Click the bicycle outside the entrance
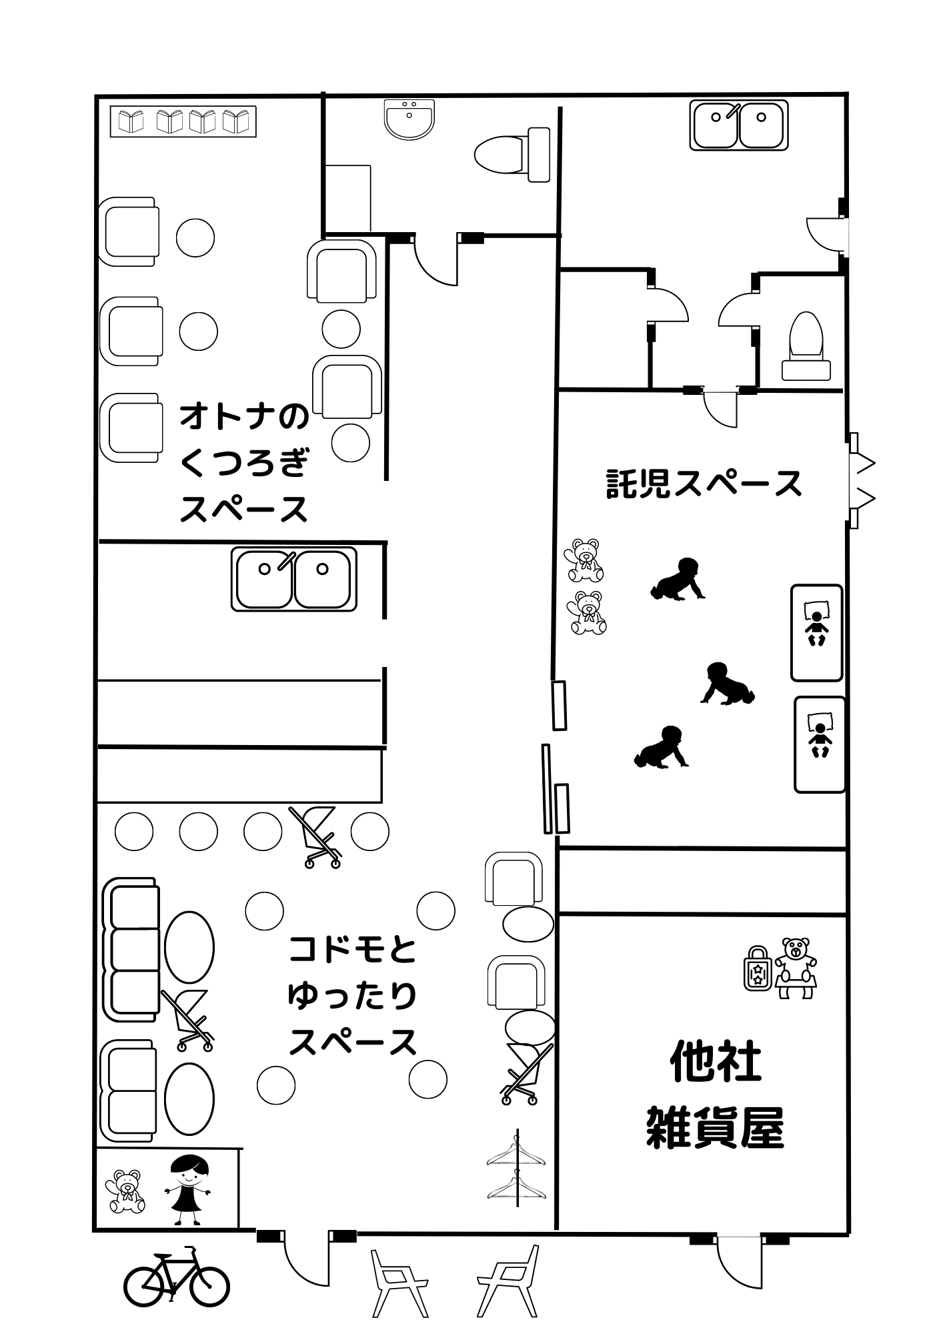[176, 1277]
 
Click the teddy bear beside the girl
[125, 1192]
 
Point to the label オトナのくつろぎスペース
[245, 462]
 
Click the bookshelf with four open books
[183, 121]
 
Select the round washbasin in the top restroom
[409, 119]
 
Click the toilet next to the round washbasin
[512, 155]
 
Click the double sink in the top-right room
[739, 125]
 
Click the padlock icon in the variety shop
[758, 966]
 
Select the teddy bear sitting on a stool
[796, 966]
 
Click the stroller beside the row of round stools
[316, 836]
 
